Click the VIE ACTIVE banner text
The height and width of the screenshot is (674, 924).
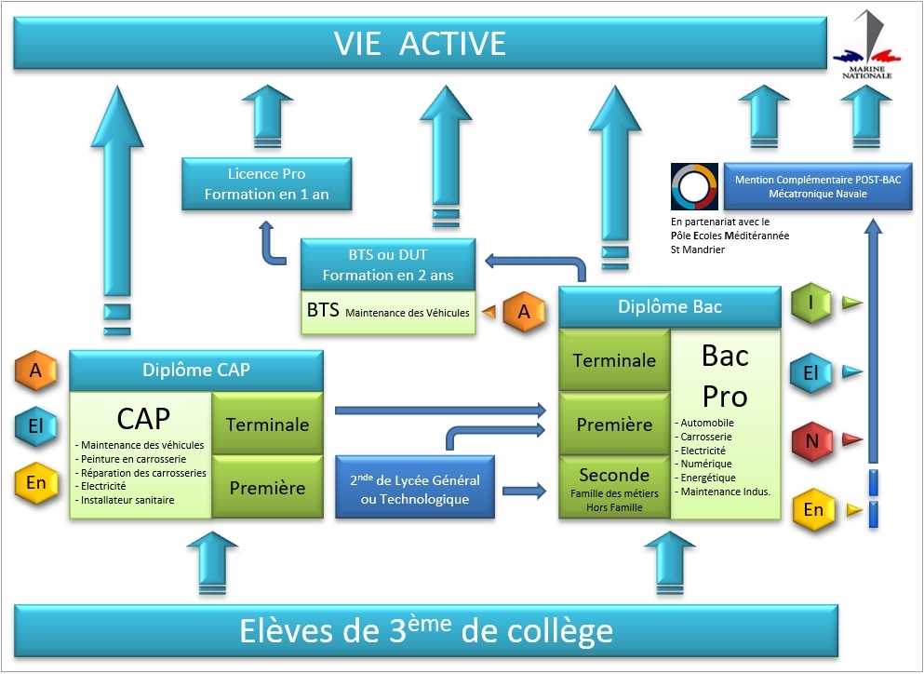click(x=420, y=44)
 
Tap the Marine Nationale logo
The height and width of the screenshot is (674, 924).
click(x=866, y=47)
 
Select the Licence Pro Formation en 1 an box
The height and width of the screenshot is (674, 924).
click(x=266, y=184)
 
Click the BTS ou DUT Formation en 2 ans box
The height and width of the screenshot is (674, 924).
click(x=388, y=263)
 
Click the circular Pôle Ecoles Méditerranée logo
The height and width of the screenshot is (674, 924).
click(x=694, y=187)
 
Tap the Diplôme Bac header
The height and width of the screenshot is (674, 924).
click(x=669, y=306)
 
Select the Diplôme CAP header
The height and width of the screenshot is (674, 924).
click(x=195, y=370)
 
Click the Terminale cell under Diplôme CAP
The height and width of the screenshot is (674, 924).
click(x=267, y=424)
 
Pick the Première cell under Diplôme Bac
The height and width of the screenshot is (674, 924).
click(x=614, y=425)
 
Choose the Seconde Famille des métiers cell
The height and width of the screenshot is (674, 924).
click(x=614, y=488)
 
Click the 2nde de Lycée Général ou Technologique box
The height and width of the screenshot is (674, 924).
click(x=414, y=490)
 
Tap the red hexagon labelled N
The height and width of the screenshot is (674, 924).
click(x=812, y=440)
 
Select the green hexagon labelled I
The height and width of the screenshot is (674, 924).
click(x=811, y=303)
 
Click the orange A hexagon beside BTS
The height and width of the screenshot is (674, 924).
click(x=524, y=313)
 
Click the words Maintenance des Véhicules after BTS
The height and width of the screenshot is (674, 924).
click(x=408, y=313)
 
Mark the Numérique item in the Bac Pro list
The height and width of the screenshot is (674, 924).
click(x=706, y=464)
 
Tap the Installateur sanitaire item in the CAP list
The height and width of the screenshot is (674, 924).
click(x=127, y=500)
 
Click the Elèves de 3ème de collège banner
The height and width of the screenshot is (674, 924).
click(x=426, y=631)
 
